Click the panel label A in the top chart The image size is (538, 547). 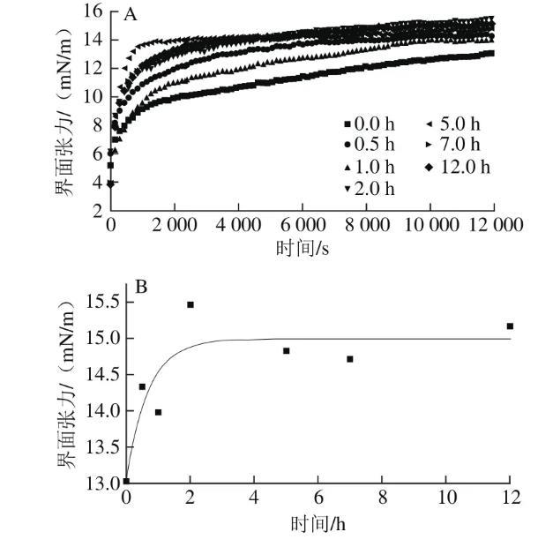point(131,15)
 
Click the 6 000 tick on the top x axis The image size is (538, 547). point(302,226)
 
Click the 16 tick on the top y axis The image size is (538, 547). point(92,11)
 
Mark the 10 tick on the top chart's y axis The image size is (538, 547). point(92,96)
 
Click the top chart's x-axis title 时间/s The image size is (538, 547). point(301,247)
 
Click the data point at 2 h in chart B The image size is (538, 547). point(190,304)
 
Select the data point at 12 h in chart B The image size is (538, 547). point(510,326)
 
